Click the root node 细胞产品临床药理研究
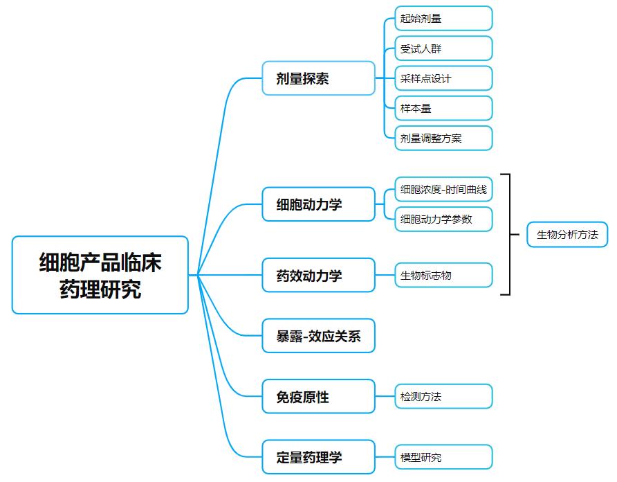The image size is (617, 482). (x=100, y=275)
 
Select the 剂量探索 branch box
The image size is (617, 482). (x=318, y=78)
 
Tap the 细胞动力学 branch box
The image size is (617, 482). (x=318, y=204)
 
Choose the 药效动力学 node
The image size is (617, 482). (x=318, y=275)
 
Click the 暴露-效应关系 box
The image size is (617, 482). (x=318, y=336)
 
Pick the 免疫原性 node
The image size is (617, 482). (x=318, y=396)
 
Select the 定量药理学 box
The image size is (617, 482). (x=318, y=457)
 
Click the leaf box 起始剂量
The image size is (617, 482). (x=443, y=18)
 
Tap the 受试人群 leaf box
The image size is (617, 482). (x=443, y=48)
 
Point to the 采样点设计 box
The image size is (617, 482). (x=443, y=78)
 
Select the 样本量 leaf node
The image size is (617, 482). (x=443, y=108)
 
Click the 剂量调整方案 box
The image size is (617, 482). (x=443, y=138)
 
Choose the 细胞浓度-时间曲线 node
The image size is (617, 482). (x=443, y=189)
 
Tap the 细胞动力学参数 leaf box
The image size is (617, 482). (x=443, y=219)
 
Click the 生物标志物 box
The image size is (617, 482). (x=443, y=275)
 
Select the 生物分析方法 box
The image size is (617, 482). (x=567, y=235)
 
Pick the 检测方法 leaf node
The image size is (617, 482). (x=443, y=396)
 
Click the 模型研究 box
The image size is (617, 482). (x=443, y=457)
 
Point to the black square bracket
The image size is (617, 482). (x=510, y=234)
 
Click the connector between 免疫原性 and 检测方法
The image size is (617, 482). (x=385, y=396)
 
